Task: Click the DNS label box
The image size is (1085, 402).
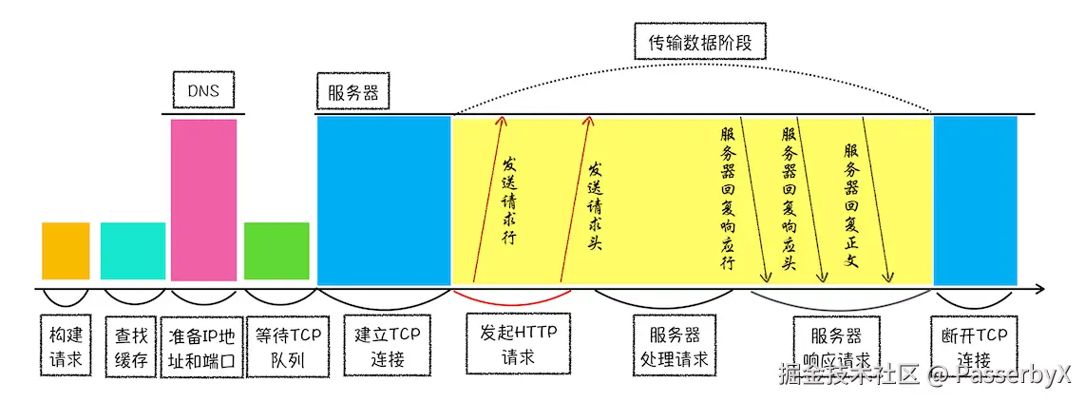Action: click(204, 91)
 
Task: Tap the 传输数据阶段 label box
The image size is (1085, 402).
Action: click(699, 44)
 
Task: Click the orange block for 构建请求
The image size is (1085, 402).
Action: click(66, 251)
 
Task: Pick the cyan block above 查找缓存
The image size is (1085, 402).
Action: click(133, 251)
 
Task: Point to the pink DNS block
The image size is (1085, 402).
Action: click(203, 199)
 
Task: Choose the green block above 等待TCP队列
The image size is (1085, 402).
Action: click(276, 251)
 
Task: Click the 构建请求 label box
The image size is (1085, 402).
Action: click(66, 347)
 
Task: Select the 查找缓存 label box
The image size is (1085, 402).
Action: click(129, 347)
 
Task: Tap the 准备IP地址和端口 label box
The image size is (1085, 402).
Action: click(201, 347)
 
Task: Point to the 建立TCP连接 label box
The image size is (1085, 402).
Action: click(388, 346)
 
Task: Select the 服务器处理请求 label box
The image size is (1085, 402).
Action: click(676, 347)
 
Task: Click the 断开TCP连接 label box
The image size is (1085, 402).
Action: click(974, 346)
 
